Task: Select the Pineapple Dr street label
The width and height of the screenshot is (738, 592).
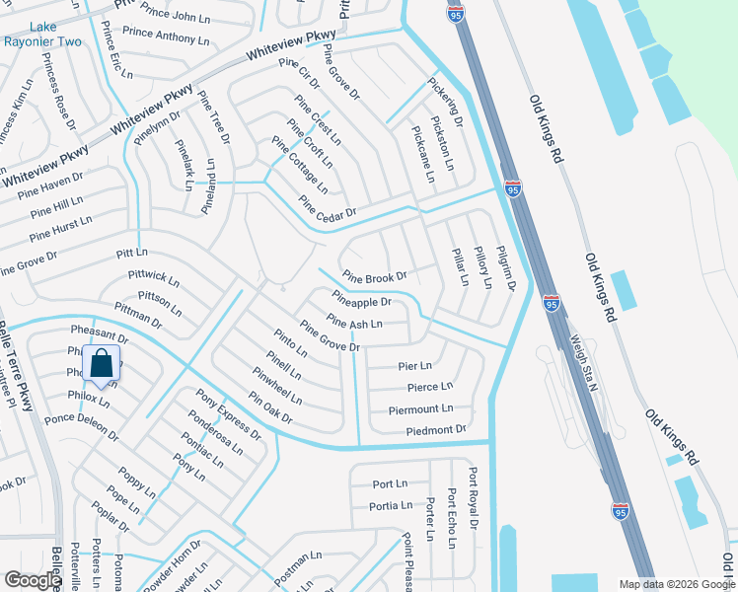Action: [x=361, y=298]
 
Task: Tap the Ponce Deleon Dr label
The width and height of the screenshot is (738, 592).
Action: [x=81, y=426]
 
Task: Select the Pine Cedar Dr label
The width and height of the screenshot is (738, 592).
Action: [x=327, y=210]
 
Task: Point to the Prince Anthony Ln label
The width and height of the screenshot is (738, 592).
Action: [x=166, y=37]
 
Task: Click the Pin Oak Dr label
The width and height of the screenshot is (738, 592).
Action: [x=271, y=408]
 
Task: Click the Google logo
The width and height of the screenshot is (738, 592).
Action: [x=34, y=580]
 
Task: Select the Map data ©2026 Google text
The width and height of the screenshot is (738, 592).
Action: [x=676, y=583]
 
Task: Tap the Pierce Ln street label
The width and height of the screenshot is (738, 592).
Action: [x=429, y=387]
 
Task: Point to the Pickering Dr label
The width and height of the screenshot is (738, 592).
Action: [x=444, y=102]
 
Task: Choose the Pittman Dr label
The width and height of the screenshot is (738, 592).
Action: [x=137, y=316]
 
